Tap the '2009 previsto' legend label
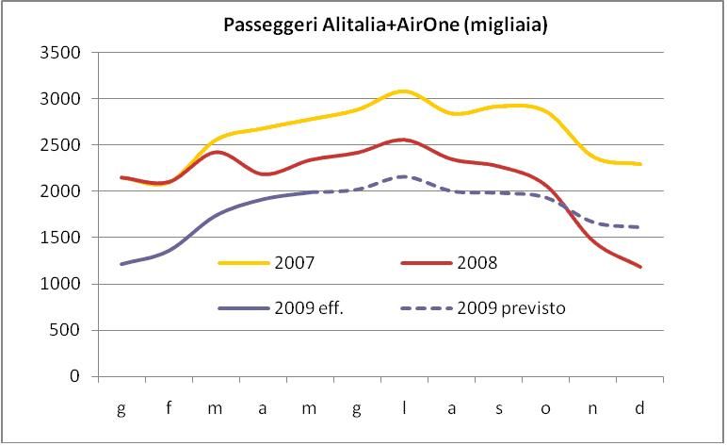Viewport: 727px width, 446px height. click(511, 308)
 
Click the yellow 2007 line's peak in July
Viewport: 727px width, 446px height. click(404, 91)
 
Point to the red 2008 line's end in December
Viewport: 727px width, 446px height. click(640, 267)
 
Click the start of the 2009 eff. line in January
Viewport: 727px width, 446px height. click(121, 264)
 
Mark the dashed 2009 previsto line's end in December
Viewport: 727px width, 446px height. click(640, 227)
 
